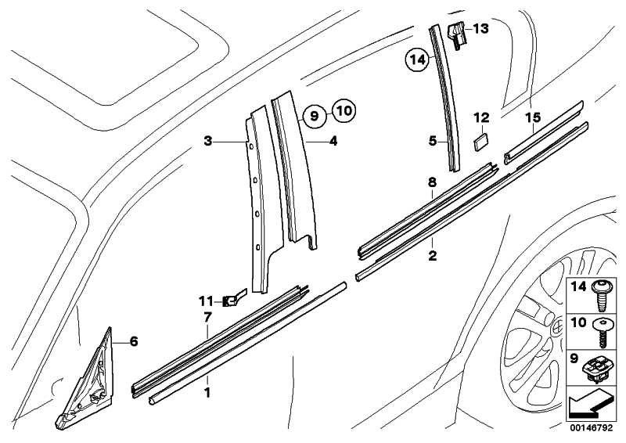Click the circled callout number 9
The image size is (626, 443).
[x=312, y=116]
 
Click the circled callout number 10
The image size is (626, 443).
[x=343, y=110]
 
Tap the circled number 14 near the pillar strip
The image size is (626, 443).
[x=417, y=58]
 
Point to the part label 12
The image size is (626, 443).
[x=480, y=118]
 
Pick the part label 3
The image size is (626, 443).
[x=207, y=142]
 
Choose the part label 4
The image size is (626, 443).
[x=333, y=142]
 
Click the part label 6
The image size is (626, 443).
[x=133, y=341]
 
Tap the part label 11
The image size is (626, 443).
[x=205, y=300]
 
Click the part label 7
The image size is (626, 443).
[x=207, y=318]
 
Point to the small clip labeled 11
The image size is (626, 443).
[x=233, y=298]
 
